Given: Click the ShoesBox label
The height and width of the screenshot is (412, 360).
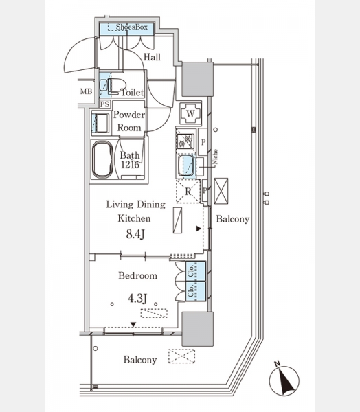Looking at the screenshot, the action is point(131,27).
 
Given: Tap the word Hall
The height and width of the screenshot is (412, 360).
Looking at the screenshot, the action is point(152,57).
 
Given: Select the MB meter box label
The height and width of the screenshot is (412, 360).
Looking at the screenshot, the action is point(87,91).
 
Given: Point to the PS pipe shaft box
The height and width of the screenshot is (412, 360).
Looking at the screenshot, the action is point(104,104).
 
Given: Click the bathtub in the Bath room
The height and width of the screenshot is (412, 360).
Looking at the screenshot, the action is point(102,160).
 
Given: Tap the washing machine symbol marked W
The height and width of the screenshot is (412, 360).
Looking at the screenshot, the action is point(191,113).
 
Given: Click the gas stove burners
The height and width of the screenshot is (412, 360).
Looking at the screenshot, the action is point(185,141).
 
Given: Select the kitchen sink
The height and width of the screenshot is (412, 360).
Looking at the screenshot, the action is point(186,165).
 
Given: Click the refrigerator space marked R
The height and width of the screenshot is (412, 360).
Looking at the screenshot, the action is point(188,192).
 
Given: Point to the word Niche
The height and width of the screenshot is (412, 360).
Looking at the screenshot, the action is point(215,157).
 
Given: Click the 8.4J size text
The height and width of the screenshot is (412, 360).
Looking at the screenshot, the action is point(135,234).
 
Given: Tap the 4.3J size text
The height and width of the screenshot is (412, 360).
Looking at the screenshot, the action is point(137,298).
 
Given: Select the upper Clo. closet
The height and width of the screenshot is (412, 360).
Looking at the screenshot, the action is point(196,271).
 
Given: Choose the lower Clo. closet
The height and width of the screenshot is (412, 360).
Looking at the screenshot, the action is point(196,291).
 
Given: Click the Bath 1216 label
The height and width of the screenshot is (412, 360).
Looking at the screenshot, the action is point(130,159).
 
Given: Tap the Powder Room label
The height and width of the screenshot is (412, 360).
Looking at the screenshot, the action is point(129,121).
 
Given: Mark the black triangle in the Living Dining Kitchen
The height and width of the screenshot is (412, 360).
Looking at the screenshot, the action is point(199,229).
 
